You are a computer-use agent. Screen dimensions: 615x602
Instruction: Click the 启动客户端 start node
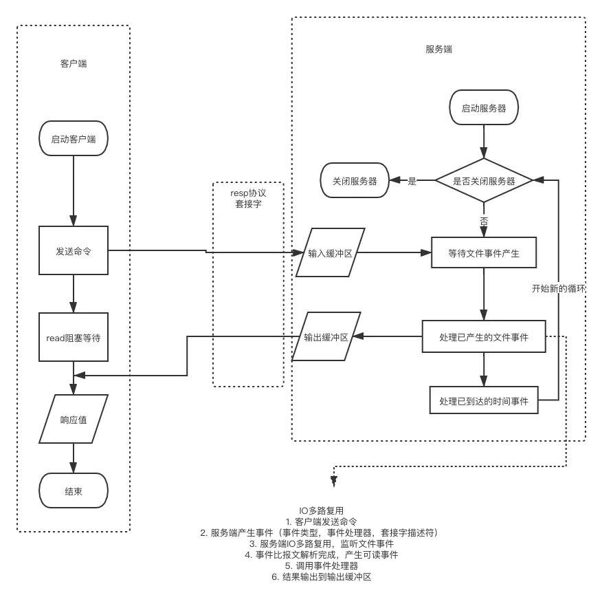(74, 139)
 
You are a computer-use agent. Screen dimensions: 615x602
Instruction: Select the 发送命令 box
(74, 251)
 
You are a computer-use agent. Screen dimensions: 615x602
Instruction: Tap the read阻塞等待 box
(74, 337)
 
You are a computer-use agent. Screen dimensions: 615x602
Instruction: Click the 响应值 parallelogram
(74, 419)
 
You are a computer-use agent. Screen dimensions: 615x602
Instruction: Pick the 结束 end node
(74, 491)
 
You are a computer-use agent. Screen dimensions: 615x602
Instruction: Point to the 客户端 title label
(74, 64)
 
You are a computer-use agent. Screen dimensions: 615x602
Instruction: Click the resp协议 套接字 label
(248, 199)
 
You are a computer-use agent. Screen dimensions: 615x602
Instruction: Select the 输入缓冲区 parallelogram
(330, 253)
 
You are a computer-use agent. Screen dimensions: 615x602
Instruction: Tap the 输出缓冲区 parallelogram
(326, 337)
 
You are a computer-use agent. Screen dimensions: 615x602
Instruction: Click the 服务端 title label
(439, 50)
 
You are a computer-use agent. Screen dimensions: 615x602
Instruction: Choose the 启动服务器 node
(484, 108)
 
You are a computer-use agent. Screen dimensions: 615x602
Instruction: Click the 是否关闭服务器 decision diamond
(484, 181)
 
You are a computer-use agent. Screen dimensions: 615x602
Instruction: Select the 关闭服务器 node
(355, 181)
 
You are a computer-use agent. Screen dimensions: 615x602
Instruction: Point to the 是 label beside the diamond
(412, 181)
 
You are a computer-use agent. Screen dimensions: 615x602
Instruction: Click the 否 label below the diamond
(484, 222)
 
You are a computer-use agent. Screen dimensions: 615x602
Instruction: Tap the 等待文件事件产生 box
(484, 253)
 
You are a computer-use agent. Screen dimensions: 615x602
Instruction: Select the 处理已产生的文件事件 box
(484, 337)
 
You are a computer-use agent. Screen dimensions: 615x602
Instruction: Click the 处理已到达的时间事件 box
(484, 400)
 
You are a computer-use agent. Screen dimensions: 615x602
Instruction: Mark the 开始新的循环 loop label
(559, 289)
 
